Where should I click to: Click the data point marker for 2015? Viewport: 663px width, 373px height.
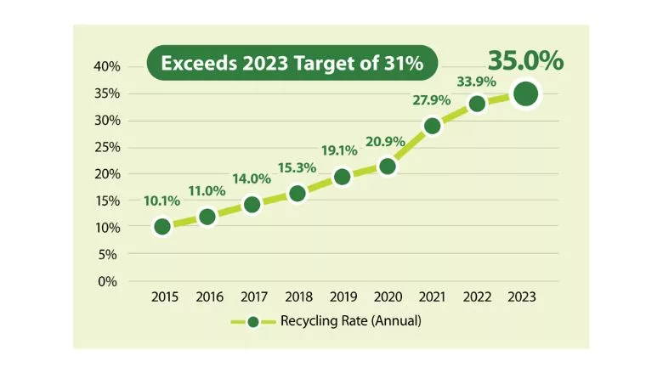pos(162,227)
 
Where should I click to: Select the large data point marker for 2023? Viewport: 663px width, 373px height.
pos(525,93)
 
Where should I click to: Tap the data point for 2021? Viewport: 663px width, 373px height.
pos(432,126)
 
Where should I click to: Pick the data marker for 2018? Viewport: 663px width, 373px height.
pos(297,194)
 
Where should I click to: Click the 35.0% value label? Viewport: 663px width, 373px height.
pos(525,61)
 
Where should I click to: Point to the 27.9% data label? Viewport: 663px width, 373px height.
pos(432,100)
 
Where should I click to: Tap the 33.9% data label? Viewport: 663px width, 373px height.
pos(478,82)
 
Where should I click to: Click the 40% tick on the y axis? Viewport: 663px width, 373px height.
pos(109,66)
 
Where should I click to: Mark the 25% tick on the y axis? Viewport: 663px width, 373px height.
pos(109,147)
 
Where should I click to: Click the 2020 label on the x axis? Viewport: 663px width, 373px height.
pos(388,297)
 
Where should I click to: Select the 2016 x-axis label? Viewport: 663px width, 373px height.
pos(208,297)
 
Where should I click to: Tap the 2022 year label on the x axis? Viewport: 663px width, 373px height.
pos(476,297)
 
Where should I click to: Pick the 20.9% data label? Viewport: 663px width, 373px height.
pos(387,140)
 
